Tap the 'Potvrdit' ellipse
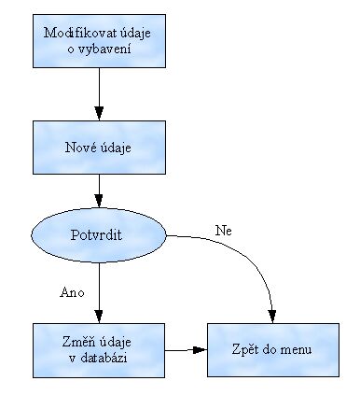(97, 235)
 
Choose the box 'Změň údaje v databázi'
(97, 351)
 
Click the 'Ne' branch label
(222, 230)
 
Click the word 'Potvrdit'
(97, 235)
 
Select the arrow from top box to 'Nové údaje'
(97, 93)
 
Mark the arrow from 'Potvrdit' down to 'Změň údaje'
(97, 289)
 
